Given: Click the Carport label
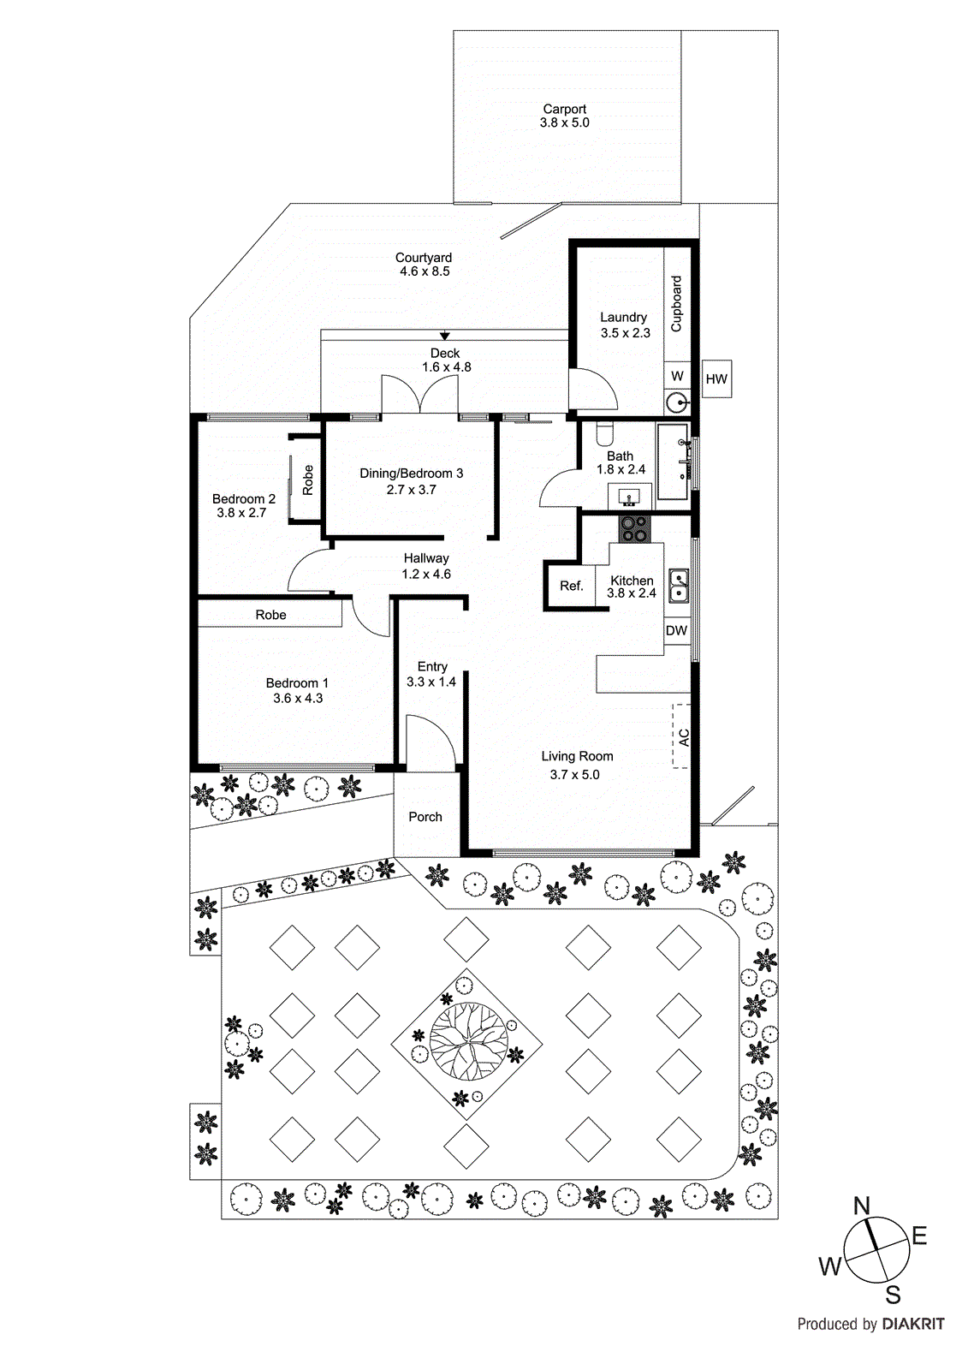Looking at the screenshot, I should tap(565, 110).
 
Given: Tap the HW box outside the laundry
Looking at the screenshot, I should tap(716, 379).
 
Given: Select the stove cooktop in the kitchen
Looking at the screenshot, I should tap(635, 528).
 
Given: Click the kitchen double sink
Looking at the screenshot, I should tap(679, 587).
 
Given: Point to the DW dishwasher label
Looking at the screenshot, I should tap(676, 631).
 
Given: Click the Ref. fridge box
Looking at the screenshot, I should tap(571, 587).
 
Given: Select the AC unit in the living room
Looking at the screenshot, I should tap(682, 736).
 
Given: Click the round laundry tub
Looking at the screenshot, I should tap(677, 402).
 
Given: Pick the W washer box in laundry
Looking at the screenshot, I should tap(677, 376).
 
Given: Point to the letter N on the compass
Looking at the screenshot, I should tap(862, 1206).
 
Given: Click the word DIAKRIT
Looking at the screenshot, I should tap(913, 1325).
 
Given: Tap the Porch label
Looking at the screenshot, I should tap(425, 817).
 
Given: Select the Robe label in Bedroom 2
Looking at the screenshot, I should tap(307, 480).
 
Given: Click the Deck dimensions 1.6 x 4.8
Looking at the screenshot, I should tap(446, 367).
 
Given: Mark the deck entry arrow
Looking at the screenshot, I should tap(445, 336).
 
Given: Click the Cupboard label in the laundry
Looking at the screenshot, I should tap(676, 304).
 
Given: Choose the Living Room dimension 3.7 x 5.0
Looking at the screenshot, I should tap(574, 775).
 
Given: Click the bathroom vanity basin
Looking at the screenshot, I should tap(630, 497).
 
